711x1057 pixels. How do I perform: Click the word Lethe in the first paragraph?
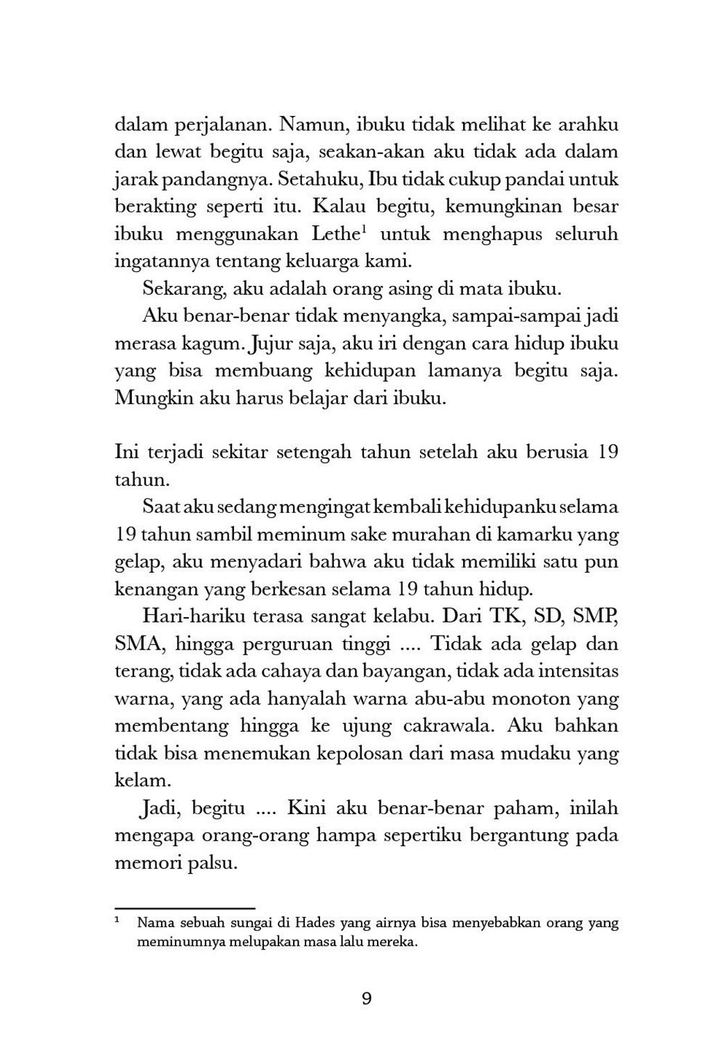pyautogui.click(x=335, y=234)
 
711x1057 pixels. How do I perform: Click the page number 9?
pyautogui.click(x=367, y=999)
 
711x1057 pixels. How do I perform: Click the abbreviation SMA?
pyautogui.click(x=139, y=644)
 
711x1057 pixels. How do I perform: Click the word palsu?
pyautogui.click(x=215, y=864)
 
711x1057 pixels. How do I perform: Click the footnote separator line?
pyautogui.click(x=185, y=907)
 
